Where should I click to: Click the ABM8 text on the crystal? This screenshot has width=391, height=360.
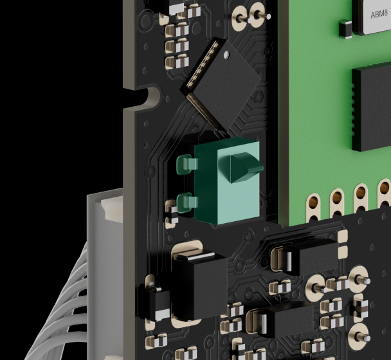point(379,14)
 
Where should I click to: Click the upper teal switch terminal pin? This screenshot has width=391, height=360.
point(187,164)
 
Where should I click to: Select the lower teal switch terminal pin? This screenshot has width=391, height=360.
point(187,203)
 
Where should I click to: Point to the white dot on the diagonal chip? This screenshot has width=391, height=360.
point(226,55)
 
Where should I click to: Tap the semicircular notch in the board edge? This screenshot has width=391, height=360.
point(150,96)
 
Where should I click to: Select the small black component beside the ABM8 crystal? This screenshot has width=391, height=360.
point(345,29)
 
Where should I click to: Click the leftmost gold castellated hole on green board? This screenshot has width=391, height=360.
point(313,208)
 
